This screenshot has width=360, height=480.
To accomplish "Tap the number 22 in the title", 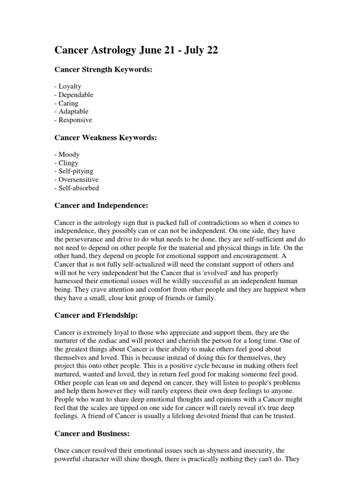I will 211,50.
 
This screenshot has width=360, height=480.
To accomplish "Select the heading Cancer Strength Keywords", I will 104,70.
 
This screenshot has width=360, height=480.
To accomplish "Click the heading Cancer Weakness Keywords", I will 105,138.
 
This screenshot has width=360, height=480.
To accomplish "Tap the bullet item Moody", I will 67,154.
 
